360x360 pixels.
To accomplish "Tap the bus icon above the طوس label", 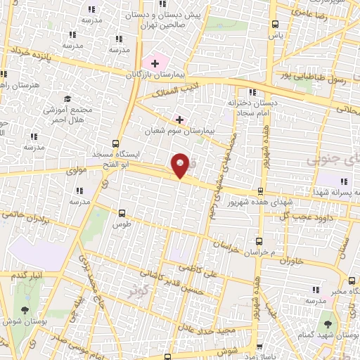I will point(122,212).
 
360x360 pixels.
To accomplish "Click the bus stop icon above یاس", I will point(275,25).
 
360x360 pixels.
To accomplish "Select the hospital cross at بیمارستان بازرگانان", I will point(154,63).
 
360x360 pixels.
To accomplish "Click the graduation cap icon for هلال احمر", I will point(67,98).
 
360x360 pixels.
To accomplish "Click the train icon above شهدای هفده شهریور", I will point(260,191).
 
